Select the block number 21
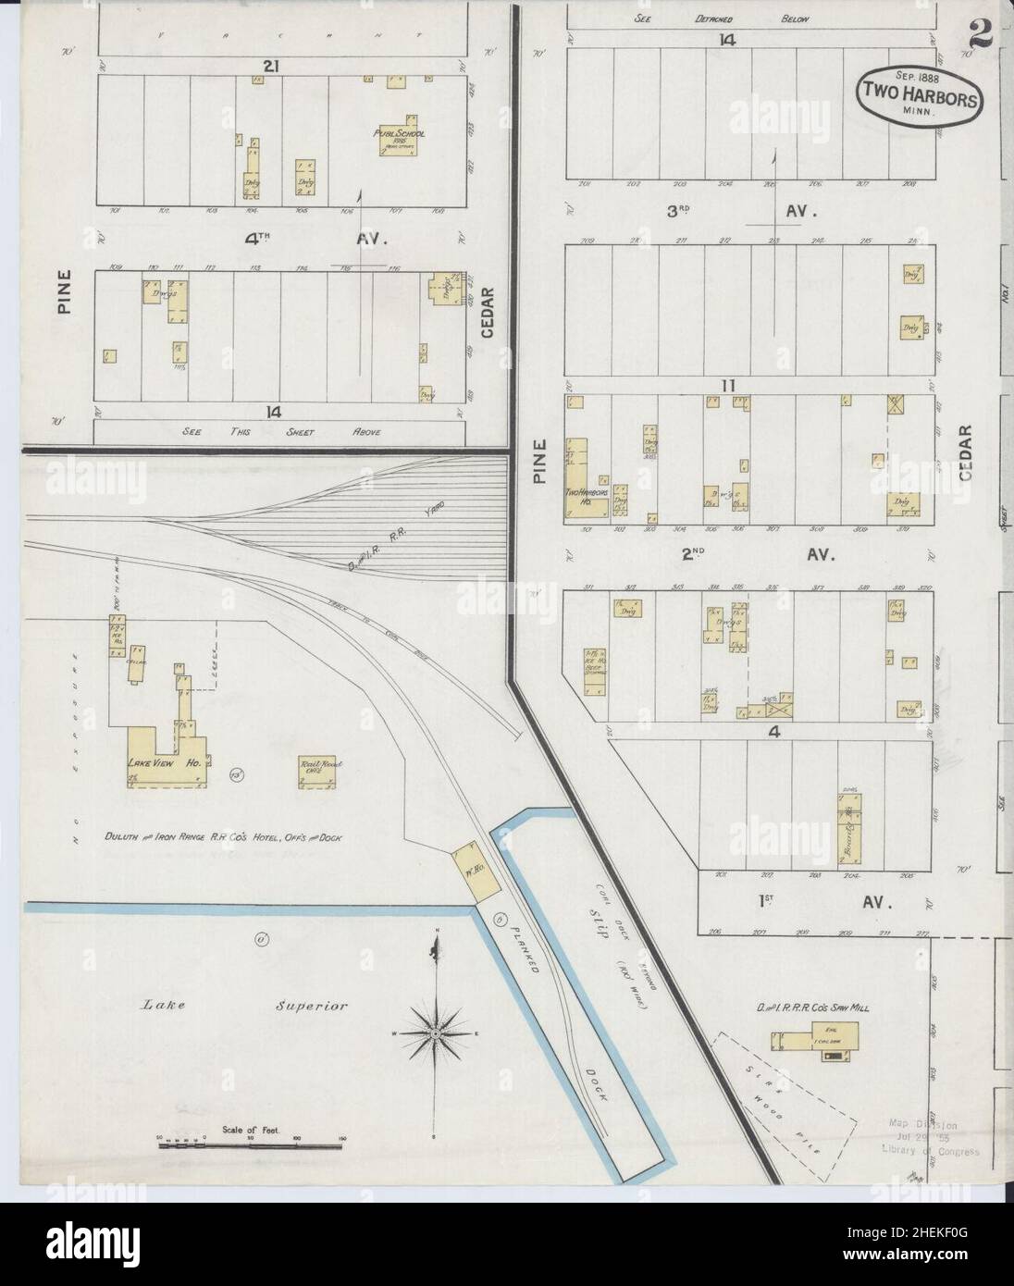point(271,66)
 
